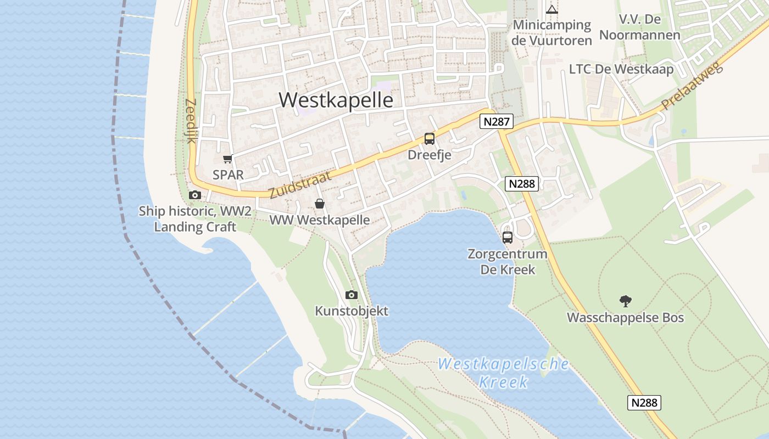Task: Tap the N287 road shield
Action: [x=496, y=121]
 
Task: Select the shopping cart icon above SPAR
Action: [x=227, y=159]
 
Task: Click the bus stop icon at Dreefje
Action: [x=429, y=139]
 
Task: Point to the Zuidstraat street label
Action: [x=300, y=184]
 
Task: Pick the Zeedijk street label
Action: [x=191, y=121]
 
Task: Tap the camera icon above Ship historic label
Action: [x=194, y=195]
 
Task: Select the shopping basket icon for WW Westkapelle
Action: [x=320, y=204]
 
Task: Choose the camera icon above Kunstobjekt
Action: [x=352, y=295]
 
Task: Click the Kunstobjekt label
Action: [x=352, y=311]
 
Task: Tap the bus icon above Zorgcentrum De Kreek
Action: [x=508, y=238]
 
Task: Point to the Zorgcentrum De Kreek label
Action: [x=508, y=262]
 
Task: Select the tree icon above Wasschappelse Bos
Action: [x=625, y=301]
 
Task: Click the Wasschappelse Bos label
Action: [x=625, y=318]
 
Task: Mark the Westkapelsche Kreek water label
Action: [x=503, y=373]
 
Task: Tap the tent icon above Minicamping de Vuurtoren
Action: [x=552, y=9]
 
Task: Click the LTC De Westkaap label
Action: [x=621, y=69]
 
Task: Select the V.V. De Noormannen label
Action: [x=639, y=27]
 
